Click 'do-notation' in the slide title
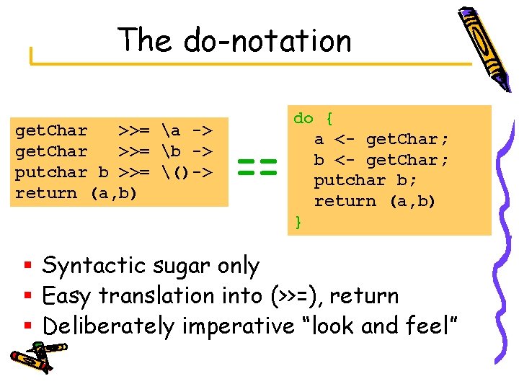pos(267,40)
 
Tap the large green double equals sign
pos(257,169)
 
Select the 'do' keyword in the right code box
pos(303,118)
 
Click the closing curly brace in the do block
pos(298,222)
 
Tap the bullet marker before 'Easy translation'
pos(30,296)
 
